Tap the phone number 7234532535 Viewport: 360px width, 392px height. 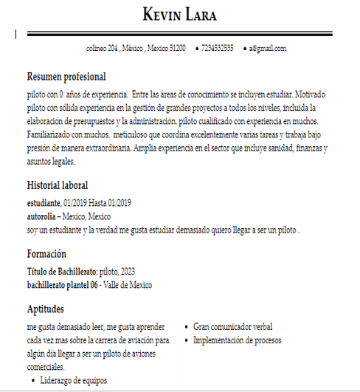tap(218, 49)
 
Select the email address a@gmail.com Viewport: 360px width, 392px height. tap(267, 49)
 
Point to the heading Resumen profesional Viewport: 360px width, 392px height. tap(66, 77)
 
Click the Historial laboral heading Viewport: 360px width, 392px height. tap(58, 185)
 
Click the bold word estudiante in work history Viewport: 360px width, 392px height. tap(44, 202)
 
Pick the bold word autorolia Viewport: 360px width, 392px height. tap(43, 216)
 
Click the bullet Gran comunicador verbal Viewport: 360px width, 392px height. tap(232, 326)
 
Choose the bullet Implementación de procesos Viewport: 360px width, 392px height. tap(237, 340)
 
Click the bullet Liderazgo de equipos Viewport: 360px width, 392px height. tap(73, 381)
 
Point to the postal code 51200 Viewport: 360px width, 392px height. tap(177, 49)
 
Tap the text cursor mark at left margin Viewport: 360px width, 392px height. tap(16, 34)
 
